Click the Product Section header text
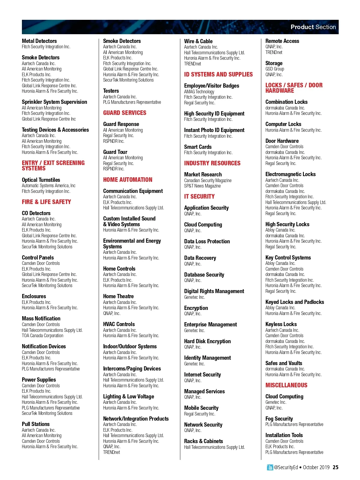point(313,27)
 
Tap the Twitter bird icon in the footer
point(270,467)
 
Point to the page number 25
point(335,467)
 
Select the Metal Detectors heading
point(39,41)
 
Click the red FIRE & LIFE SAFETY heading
point(46,202)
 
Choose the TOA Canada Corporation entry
point(43,336)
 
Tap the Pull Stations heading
point(36,424)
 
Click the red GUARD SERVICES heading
point(125,113)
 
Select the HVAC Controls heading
point(119,324)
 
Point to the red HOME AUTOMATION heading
point(128,180)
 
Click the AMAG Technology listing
point(199,92)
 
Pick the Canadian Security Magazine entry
point(208,181)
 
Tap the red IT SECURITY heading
point(199,196)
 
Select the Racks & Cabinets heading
point(203,441)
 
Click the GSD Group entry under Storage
point(274,69)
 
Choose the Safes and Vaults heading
point(284,363)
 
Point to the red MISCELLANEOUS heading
point(286,385)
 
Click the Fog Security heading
point(279,419)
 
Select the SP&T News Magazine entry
point(202,186)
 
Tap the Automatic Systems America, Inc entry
point(49,186)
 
